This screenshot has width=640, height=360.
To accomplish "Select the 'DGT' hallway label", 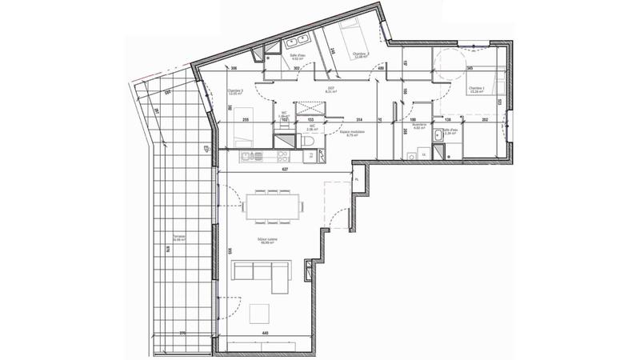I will pyautogui.click(x=330, y=90).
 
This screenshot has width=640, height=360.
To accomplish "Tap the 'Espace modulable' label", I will pyautogui.click(x=350, y=134).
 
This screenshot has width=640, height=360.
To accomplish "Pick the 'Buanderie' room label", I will pyautogui.click(x=419, y=126).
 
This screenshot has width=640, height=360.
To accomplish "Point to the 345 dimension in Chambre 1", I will pyautogui.click(x=471, y=69).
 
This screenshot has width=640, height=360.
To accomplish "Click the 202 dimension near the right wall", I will pyautogui.click(x=485, y=118).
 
